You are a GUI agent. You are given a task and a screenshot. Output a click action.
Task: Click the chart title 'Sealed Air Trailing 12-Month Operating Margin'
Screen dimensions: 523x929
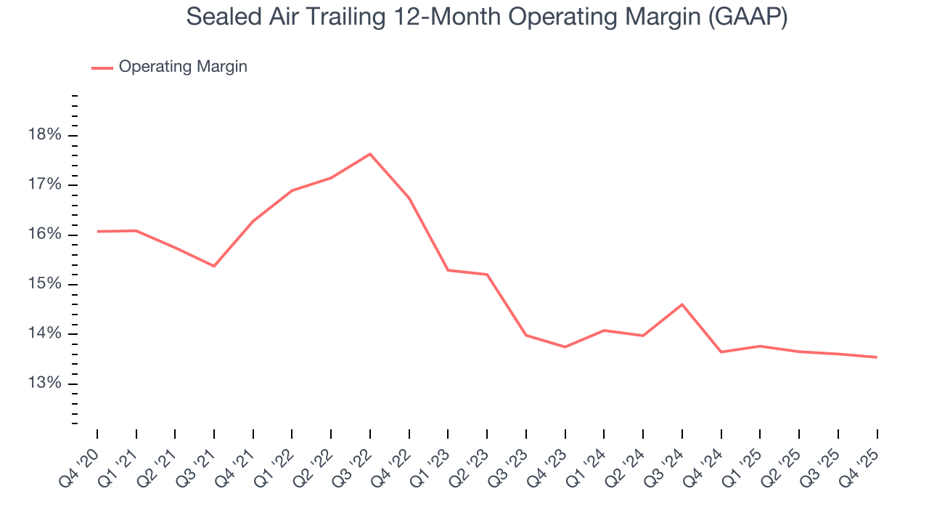coord(486,17)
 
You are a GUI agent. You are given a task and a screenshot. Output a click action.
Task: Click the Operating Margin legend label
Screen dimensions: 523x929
coord(183,67)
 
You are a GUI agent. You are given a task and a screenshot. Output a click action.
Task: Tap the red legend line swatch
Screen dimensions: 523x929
coord(102,68)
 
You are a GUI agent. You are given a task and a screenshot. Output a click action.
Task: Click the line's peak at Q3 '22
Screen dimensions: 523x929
coord(370,154)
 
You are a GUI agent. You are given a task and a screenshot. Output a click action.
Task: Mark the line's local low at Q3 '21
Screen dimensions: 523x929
coord(214,266)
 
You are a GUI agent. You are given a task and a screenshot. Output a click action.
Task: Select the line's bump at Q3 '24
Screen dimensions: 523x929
coord(682,304)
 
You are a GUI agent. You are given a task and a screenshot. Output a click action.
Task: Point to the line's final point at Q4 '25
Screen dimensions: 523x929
coord(877,357)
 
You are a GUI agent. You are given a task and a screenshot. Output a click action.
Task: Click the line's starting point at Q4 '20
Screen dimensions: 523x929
coord(97,231)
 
